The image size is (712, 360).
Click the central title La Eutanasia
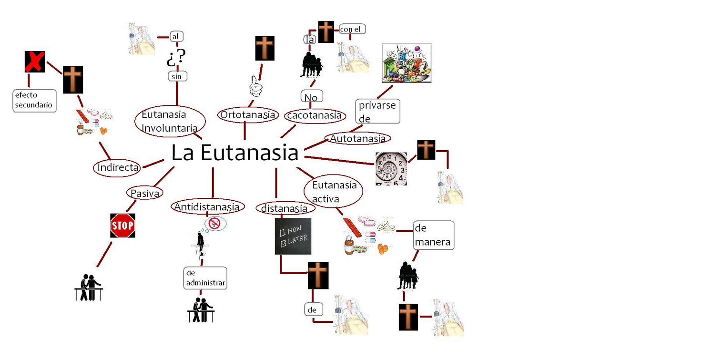click(235, 153)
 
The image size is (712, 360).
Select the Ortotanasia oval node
click(247, 115)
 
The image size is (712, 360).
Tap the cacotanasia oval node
click(314, 115)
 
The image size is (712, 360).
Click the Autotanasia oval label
click(357, 139)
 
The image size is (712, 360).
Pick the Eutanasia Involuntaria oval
click(170, 122)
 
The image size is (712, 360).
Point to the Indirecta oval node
click(118, 167)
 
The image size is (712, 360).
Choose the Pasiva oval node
click(144, 193)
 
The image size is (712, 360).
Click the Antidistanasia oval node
click(207, 207)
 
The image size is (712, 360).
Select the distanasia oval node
click(285, 209)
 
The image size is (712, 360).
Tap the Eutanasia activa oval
click(334, 191)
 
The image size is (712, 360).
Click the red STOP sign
click(122, 226)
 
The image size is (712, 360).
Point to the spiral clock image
click(391, 169)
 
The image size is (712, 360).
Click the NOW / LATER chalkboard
click(293, 236)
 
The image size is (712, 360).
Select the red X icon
click(35, 62)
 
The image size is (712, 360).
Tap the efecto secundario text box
click(34, 101)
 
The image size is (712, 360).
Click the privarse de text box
click(377, 112)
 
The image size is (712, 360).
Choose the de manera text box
click(433, 235)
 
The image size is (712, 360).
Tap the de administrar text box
click(205, 278)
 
